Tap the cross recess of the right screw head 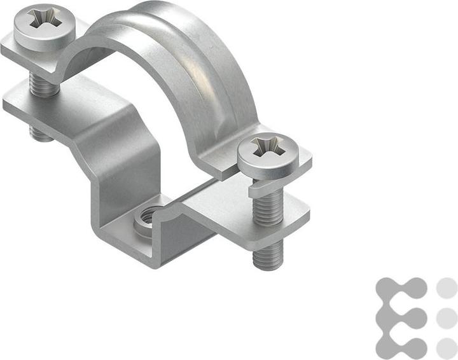pos(265,148)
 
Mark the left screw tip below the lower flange pos(41,133)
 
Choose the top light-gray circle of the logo pos(447,287)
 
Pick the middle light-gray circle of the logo pos(447,317)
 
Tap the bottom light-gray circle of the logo pos(447,347)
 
